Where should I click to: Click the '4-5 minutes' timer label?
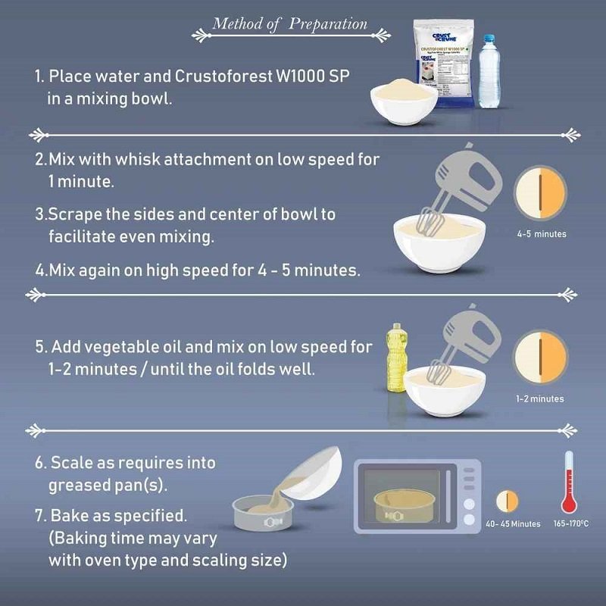click(541, 234)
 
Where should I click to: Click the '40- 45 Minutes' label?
click(514, 523)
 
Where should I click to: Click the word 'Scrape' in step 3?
click(69, 214)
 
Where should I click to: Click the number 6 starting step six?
click(39, 461)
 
